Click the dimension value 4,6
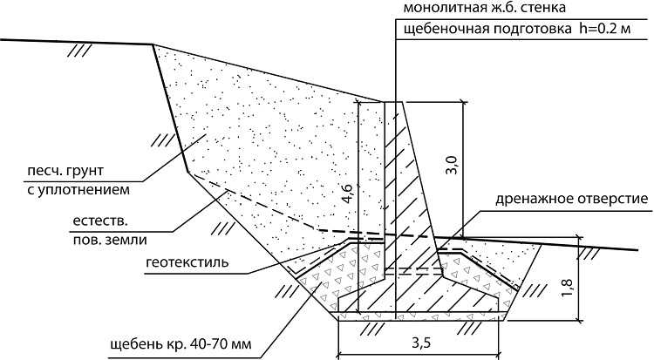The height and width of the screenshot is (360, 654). (x=348, y=194)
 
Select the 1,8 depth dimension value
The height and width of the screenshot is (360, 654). (x=568, y=288)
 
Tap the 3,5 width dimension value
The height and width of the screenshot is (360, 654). (x=421, y=343)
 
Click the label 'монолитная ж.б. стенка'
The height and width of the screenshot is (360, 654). (x=485, y=8)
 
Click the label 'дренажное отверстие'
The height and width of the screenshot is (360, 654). (x=571, y=199)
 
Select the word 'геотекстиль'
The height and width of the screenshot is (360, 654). (x=187, y=262)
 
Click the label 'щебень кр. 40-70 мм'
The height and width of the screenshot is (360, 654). (x=181, y=344)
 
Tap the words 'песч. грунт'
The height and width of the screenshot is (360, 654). (x=65, y=171)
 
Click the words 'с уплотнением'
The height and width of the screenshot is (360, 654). (x=78, y=190)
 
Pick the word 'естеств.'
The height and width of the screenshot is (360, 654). (x=100, y=221)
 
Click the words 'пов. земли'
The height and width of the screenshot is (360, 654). (x=110, y=240)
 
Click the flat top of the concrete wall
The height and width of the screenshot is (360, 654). (x=393, y=102)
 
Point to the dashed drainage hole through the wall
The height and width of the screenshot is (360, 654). (x=413, y=272)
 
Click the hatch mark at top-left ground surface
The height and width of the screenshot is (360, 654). (x=79, y=51)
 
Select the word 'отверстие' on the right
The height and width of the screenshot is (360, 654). (x=612, y=199)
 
